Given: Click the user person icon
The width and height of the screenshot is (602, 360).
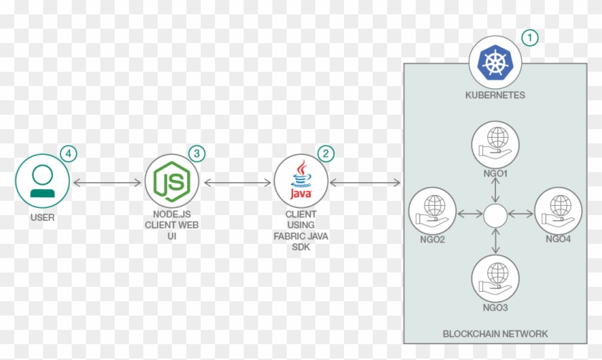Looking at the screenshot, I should point(43,183).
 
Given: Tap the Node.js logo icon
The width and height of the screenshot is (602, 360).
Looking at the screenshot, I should point(172,183).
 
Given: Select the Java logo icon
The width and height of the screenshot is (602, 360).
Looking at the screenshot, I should point(301,183).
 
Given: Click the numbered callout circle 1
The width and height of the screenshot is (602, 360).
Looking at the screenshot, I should point(530,37).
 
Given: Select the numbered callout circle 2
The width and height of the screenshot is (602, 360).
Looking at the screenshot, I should point(326,153).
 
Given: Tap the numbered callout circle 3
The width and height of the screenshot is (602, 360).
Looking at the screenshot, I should point(196,153).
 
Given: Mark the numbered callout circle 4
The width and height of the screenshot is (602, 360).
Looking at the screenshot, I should point(68,153).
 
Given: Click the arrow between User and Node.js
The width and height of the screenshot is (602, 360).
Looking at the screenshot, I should point(107,184).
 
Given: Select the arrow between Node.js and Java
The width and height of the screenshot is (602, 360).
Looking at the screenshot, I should point(236,184).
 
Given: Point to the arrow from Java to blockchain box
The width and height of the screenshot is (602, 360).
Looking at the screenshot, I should point(365,184).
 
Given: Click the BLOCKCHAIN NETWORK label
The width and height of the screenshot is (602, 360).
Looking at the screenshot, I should point(495,333).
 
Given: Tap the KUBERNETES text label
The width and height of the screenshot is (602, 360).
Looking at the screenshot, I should point(495,95).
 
